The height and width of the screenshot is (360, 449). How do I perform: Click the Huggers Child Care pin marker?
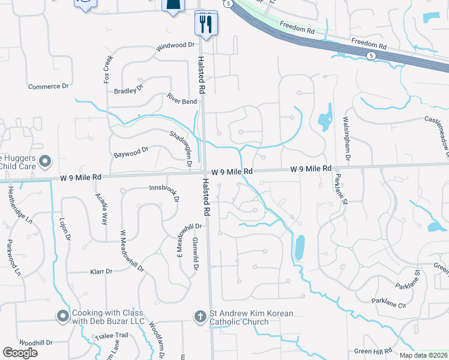coord(45,161)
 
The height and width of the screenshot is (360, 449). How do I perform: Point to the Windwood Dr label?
coord(176,46)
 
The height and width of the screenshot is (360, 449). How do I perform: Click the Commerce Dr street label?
coord(49,87)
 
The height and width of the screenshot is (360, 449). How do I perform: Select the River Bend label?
coord(182,101)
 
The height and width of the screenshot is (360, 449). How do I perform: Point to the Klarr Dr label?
coord(101,271)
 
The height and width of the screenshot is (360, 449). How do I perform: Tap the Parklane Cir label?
coord(389,302)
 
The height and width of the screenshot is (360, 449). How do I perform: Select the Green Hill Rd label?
coord(373,351)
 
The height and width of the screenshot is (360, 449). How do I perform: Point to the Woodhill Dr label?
coord(36,343)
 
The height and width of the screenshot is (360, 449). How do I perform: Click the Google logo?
coord(20,353)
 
